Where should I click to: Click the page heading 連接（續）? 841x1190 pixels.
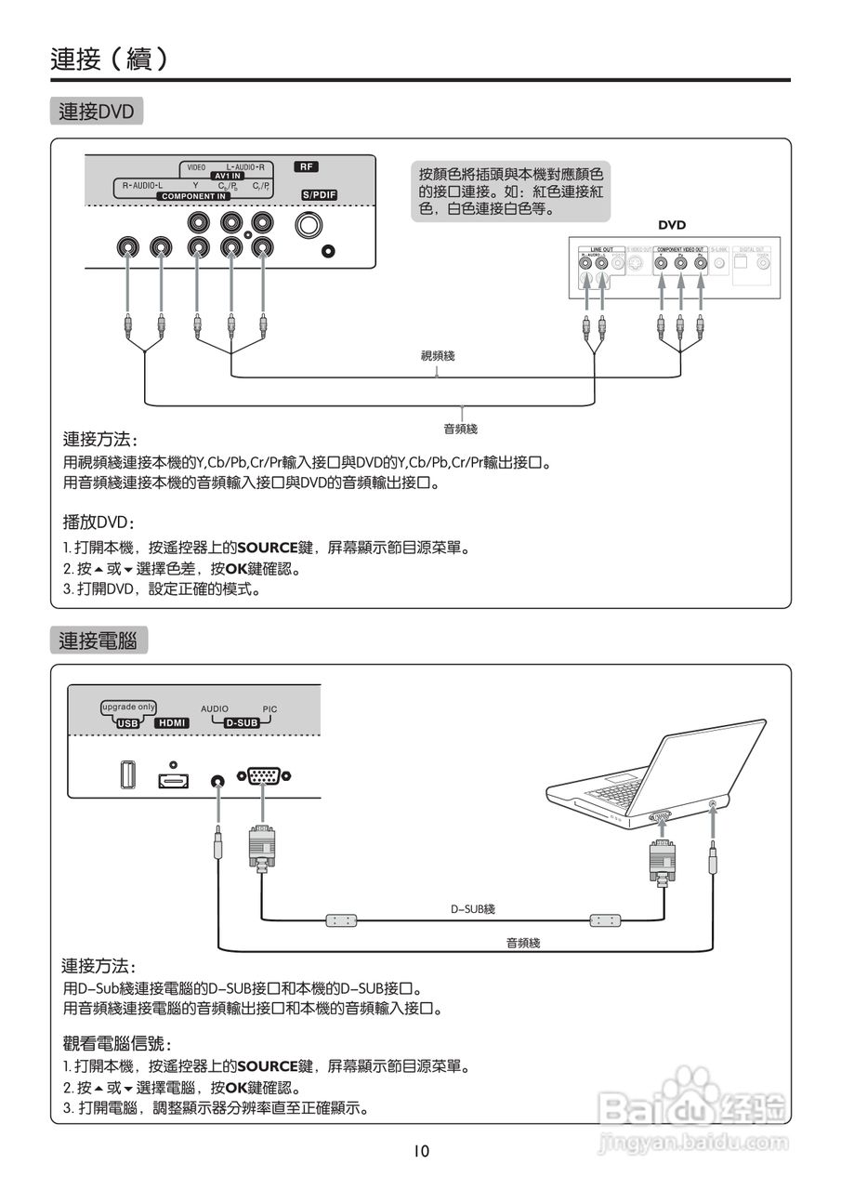pos(110,59)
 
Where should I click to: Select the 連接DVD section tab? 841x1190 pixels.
pos(97,112)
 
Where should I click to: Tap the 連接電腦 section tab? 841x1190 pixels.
pos(98,641)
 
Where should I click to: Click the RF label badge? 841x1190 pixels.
pos(307,167)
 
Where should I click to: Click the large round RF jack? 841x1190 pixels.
pos(309,226)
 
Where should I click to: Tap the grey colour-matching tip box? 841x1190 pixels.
pos(510,192)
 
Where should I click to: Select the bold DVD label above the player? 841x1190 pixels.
pos(672,225)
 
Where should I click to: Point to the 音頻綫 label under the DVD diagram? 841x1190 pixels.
pos(460,429)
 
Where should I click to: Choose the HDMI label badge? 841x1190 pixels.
pos(172,722)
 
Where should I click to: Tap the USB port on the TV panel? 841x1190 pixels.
pos(128,775)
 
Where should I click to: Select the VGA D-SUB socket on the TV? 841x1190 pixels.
pos(264,775)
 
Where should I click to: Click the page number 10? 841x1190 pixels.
pos(422,1152)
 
